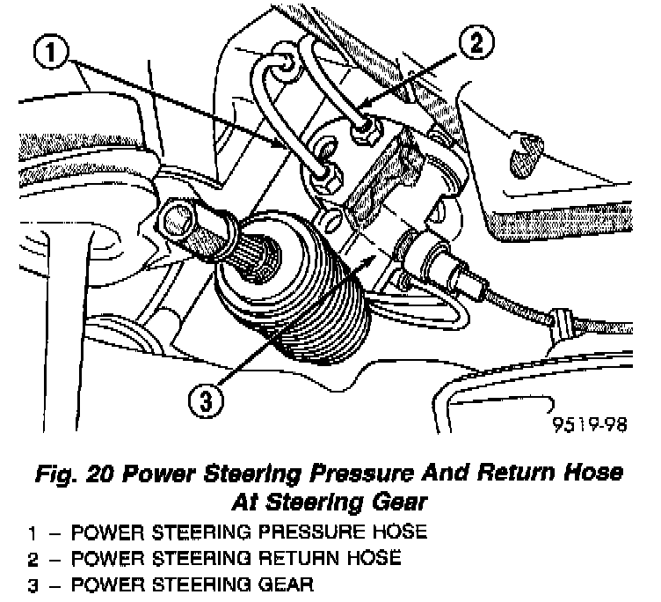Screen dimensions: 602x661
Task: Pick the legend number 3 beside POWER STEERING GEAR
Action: click(30, 583)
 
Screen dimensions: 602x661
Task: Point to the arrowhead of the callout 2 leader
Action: click(358, 114)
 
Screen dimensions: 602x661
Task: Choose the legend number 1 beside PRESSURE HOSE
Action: click(30, 532)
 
